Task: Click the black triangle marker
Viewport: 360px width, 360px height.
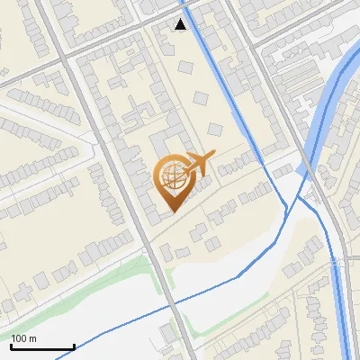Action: (181, 24)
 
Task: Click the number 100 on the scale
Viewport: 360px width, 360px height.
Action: (19, 338)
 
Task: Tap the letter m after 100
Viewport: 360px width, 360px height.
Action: (33, 338)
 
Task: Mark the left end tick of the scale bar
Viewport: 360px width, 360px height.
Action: (11, 346)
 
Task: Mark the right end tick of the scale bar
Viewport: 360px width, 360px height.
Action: (74, 346)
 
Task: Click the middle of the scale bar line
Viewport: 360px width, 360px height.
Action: (42, 347)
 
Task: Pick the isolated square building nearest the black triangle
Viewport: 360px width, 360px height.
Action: (185, 67)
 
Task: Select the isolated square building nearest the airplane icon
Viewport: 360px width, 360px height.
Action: (214, 129)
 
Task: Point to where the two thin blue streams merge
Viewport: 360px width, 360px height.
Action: (286, 209)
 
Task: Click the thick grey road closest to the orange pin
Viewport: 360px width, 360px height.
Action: (135, 207)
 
